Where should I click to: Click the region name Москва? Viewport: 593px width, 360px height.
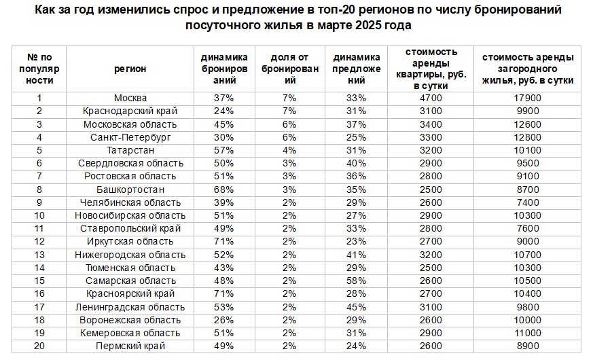130,98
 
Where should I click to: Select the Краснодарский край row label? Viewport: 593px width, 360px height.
130,111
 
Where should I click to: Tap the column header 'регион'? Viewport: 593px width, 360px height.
130,68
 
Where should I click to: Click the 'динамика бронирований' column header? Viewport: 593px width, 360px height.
223,68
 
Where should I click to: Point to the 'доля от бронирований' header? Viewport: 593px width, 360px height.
289,68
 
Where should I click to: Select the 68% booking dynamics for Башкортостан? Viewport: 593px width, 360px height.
223,190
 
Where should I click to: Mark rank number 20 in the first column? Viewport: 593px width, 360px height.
39,346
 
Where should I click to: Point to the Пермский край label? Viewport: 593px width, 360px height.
130,346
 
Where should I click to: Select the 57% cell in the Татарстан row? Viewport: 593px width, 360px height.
223,150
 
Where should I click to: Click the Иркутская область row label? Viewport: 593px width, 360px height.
130,242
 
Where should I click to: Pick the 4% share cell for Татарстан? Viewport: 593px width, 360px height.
289,150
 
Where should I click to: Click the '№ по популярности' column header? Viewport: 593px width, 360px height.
39,68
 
